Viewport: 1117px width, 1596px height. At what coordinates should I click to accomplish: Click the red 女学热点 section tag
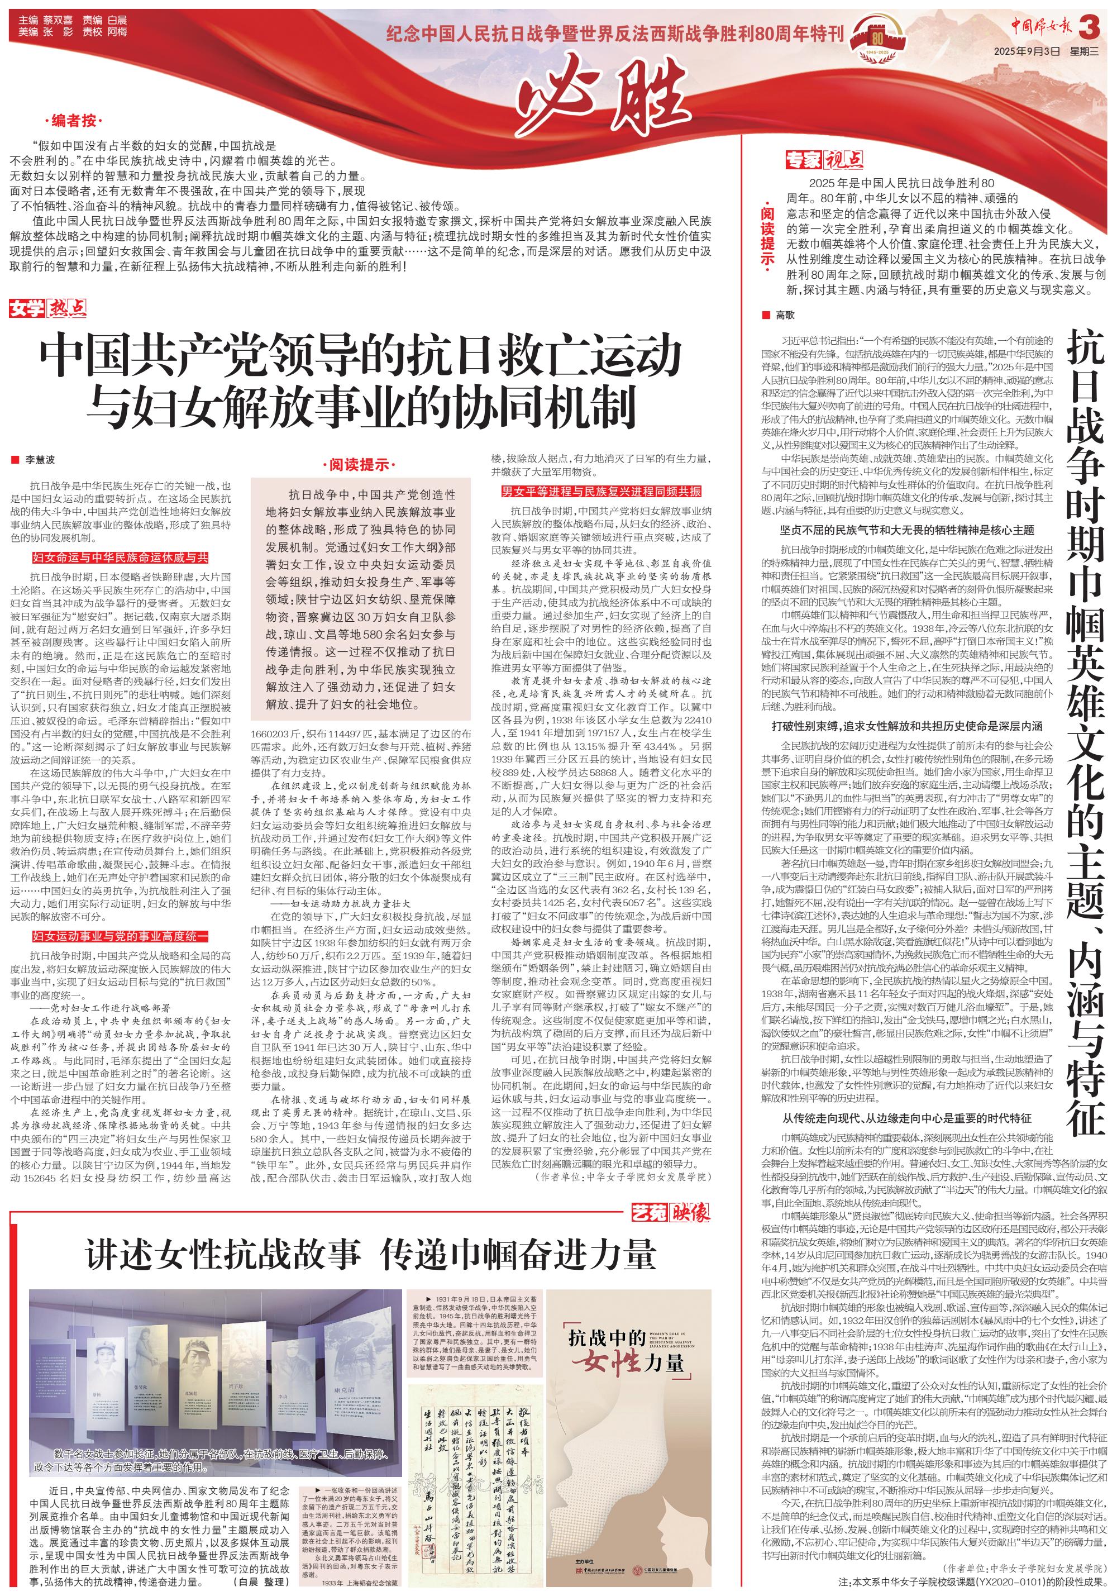pyautogui.click(x=47, y=308)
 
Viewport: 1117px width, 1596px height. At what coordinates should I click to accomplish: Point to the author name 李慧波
pyautogui.click(x=40, y=460)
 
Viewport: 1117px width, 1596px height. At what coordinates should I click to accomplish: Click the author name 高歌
pyautogui.click(x=785, y=315)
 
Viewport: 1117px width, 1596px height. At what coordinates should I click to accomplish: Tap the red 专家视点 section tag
pyautogui.click(x=824, y=160)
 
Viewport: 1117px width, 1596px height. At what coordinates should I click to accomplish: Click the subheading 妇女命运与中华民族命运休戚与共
pyautogui.click(x=120, y=558)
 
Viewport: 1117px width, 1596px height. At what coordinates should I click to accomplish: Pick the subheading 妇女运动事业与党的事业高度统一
pyautogui.click(x=120, y=936)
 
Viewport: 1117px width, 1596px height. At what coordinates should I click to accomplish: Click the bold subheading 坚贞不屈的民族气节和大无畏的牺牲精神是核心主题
pyautogui.click(x=906, y=530)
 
